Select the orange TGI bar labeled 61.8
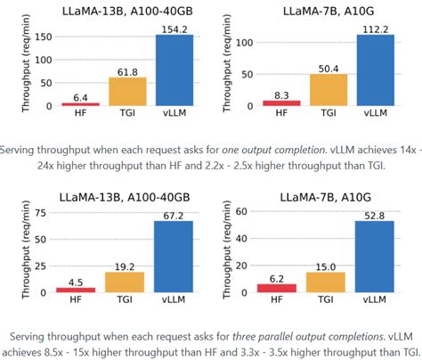pos(126,92)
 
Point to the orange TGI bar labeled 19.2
pos(126,282)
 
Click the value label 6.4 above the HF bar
pos(80,97)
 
